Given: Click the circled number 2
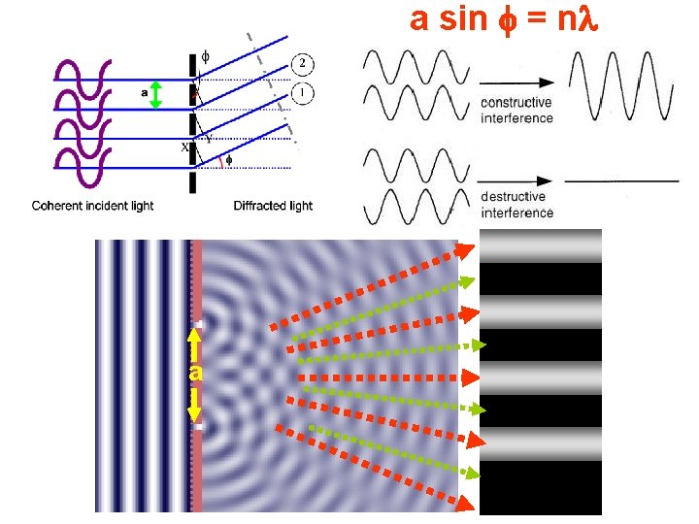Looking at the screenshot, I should click(304, 64).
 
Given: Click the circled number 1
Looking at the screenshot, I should click(304, 94).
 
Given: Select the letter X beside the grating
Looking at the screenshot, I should click(184, 148).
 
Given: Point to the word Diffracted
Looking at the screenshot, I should click(258, 206).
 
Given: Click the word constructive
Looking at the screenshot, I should click(516, 104).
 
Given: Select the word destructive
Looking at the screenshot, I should click(515, 197).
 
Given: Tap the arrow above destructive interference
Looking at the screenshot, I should click(516, 180).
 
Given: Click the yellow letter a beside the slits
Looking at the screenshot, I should click(195, 373).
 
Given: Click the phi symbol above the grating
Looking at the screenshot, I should click(205, 56).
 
